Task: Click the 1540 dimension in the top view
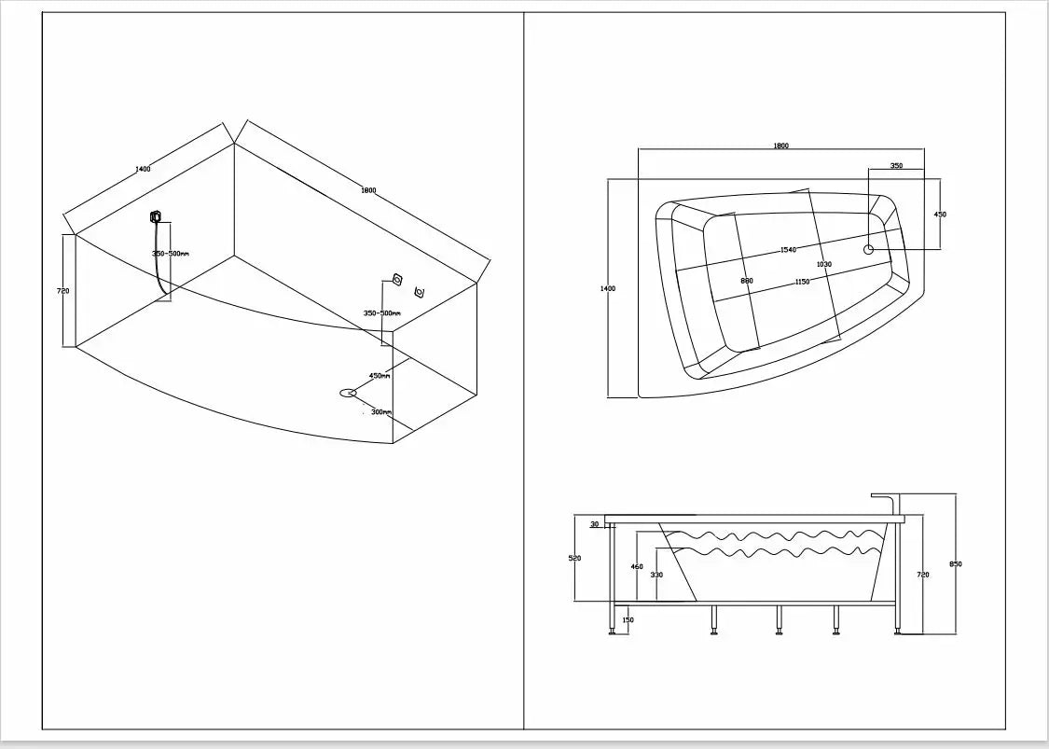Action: (x=788, y=250)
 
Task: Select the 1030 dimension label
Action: (x=823, y=264)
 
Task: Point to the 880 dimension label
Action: (x=746, y=281)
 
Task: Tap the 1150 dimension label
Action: (x=802, y=282)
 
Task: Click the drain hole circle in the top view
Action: (x=869, y=249)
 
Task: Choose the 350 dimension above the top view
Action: (x=896, y=165)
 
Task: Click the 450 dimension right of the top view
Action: (x=940, y=215)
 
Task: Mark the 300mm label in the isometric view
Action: (x=380, y=411)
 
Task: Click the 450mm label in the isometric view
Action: (x=380, y=376)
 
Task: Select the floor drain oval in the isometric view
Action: (x=348, y=393)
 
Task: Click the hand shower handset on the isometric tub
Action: (x=155, y=217)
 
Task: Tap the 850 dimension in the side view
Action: (x=956, y=564)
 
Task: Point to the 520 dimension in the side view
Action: (x=574, y=558)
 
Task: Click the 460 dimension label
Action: (x=637, y=566)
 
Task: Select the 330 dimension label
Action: (x=656, y=575)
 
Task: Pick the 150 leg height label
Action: (x=627, y=620)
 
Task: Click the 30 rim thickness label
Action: (x=594, y=524)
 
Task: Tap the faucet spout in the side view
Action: (x=888, y=497)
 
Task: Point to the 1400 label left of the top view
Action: (x=607, y=289)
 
